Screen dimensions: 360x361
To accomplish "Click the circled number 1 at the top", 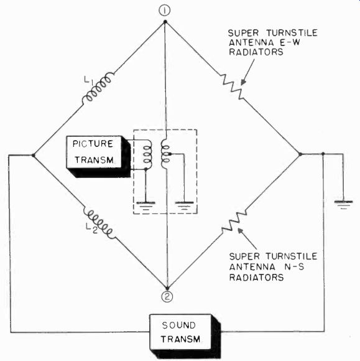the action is (165, 11).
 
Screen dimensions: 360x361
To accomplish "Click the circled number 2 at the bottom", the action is (167, 296).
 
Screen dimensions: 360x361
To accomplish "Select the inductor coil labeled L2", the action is (99, 224).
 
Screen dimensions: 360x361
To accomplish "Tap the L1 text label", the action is (89, 81).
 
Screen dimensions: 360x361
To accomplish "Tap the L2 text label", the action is (91, 228).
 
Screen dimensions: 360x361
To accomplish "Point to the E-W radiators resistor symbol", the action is (233, 87).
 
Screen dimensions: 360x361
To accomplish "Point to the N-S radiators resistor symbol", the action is (234, 221).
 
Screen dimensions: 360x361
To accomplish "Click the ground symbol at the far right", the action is (343, 204).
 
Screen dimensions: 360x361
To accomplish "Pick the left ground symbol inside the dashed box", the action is (145, 205).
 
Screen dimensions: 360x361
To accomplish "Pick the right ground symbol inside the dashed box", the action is (184, 205).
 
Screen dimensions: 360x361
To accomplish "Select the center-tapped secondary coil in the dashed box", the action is (165, 154).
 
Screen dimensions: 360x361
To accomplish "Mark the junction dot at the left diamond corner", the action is (34, 156).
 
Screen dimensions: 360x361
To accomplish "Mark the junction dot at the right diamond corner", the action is (300, 154).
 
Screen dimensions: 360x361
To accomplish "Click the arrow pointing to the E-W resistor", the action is (247, 72).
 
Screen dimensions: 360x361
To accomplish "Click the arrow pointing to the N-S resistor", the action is (247, 239).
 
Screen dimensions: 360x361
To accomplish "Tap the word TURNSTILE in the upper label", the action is (292, 33).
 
